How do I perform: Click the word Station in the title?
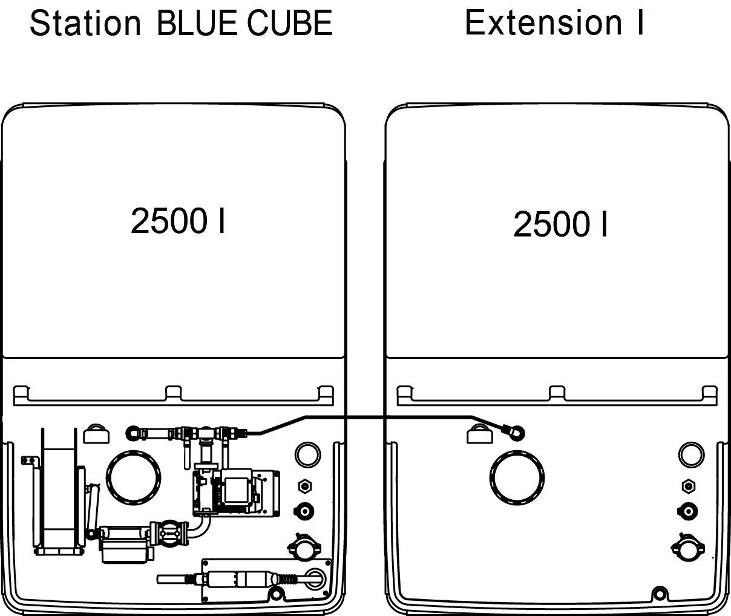coord(85,24)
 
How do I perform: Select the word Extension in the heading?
coord(543,23)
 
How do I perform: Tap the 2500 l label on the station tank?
coord(177,221)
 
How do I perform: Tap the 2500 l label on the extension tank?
coord(560,224)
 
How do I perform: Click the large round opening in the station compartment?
coord(134,478)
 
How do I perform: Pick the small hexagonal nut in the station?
coord(305,485)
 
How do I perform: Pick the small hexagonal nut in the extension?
coord(687,485)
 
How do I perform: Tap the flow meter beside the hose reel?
coord(124,543)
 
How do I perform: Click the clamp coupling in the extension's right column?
coord(687,547)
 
